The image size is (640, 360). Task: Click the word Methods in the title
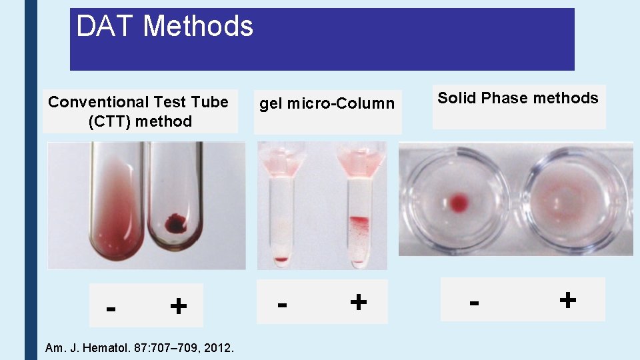198,27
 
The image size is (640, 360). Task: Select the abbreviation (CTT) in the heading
109,121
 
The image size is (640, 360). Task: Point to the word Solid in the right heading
457,98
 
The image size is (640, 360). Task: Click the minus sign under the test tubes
112,308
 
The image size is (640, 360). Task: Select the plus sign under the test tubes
178,306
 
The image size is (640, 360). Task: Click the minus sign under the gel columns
283,304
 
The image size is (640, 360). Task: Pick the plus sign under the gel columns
358,302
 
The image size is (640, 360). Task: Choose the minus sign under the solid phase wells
474,302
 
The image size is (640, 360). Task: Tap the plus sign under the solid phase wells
567,299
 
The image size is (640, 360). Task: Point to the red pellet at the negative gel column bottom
281,259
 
